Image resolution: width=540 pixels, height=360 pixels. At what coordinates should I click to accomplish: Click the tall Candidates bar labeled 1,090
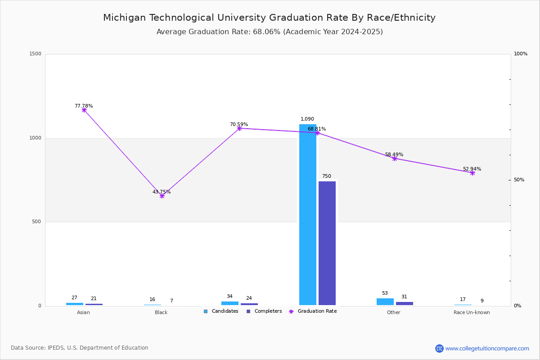click(308, 215)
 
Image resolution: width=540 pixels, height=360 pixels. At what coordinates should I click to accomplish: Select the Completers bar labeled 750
click(327, 243)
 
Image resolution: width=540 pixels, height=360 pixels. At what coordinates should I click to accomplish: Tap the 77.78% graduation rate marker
click(84, 110)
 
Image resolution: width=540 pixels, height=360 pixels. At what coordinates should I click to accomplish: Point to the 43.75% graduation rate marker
click(162, 196)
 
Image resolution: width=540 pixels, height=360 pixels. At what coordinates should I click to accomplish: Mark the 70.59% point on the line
click(239, 128)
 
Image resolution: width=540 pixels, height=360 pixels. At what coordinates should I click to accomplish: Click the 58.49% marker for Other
click(395, 158)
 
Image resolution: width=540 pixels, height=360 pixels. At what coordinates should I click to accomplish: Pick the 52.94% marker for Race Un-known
click(472, 173)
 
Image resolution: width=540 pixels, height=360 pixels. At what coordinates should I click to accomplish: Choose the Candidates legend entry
click(221, 311)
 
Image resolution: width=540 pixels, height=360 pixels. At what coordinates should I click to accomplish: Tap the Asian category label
click(83, 312)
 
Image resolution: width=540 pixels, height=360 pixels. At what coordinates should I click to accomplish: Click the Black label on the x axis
click(161, 312)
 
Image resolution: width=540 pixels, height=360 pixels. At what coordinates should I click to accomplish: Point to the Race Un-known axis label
click(472, 312)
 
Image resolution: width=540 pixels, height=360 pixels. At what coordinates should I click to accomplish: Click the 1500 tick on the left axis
click(35, 54)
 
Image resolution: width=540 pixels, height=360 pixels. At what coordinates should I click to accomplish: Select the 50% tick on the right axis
click(519, 180)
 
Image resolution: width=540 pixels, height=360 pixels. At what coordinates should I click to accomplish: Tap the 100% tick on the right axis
click(521, 54)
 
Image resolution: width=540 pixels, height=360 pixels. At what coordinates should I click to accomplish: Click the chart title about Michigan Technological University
click(269, 18)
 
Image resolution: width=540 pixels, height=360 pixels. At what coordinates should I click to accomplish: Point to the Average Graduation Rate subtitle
click(270, 32)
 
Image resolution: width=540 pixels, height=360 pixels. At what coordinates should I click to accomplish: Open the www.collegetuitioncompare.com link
click(487, 348)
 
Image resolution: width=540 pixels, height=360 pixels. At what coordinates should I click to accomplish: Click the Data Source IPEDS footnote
click(80, 348)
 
